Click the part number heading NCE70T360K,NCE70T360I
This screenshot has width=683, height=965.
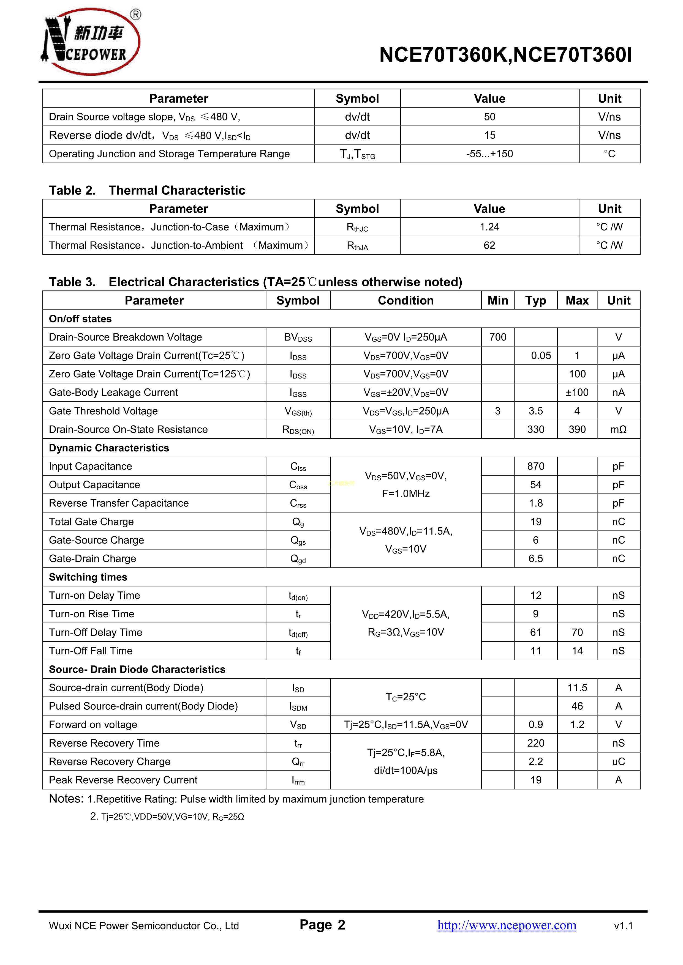pyautogui.click(x=505, y=55)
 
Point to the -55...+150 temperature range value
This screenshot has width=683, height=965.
pyautogui.click(x=489, y=154)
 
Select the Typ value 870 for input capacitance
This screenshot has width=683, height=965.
pyautogui.click(x=535, y=467)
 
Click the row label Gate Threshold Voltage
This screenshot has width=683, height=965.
pyautogui.click(x=104, y=411)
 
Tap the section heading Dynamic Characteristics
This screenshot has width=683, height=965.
pyautogui.click(x=109, y=448)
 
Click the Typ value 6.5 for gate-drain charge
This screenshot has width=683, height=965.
pyautogui.click(x=535, y=559)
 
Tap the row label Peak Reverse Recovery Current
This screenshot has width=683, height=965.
pyautogui.click(x=123, y=780)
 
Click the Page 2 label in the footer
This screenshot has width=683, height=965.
pyautogui.click(x=322, y=925)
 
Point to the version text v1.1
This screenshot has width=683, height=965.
pyautogui.click(x=623, y=926)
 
